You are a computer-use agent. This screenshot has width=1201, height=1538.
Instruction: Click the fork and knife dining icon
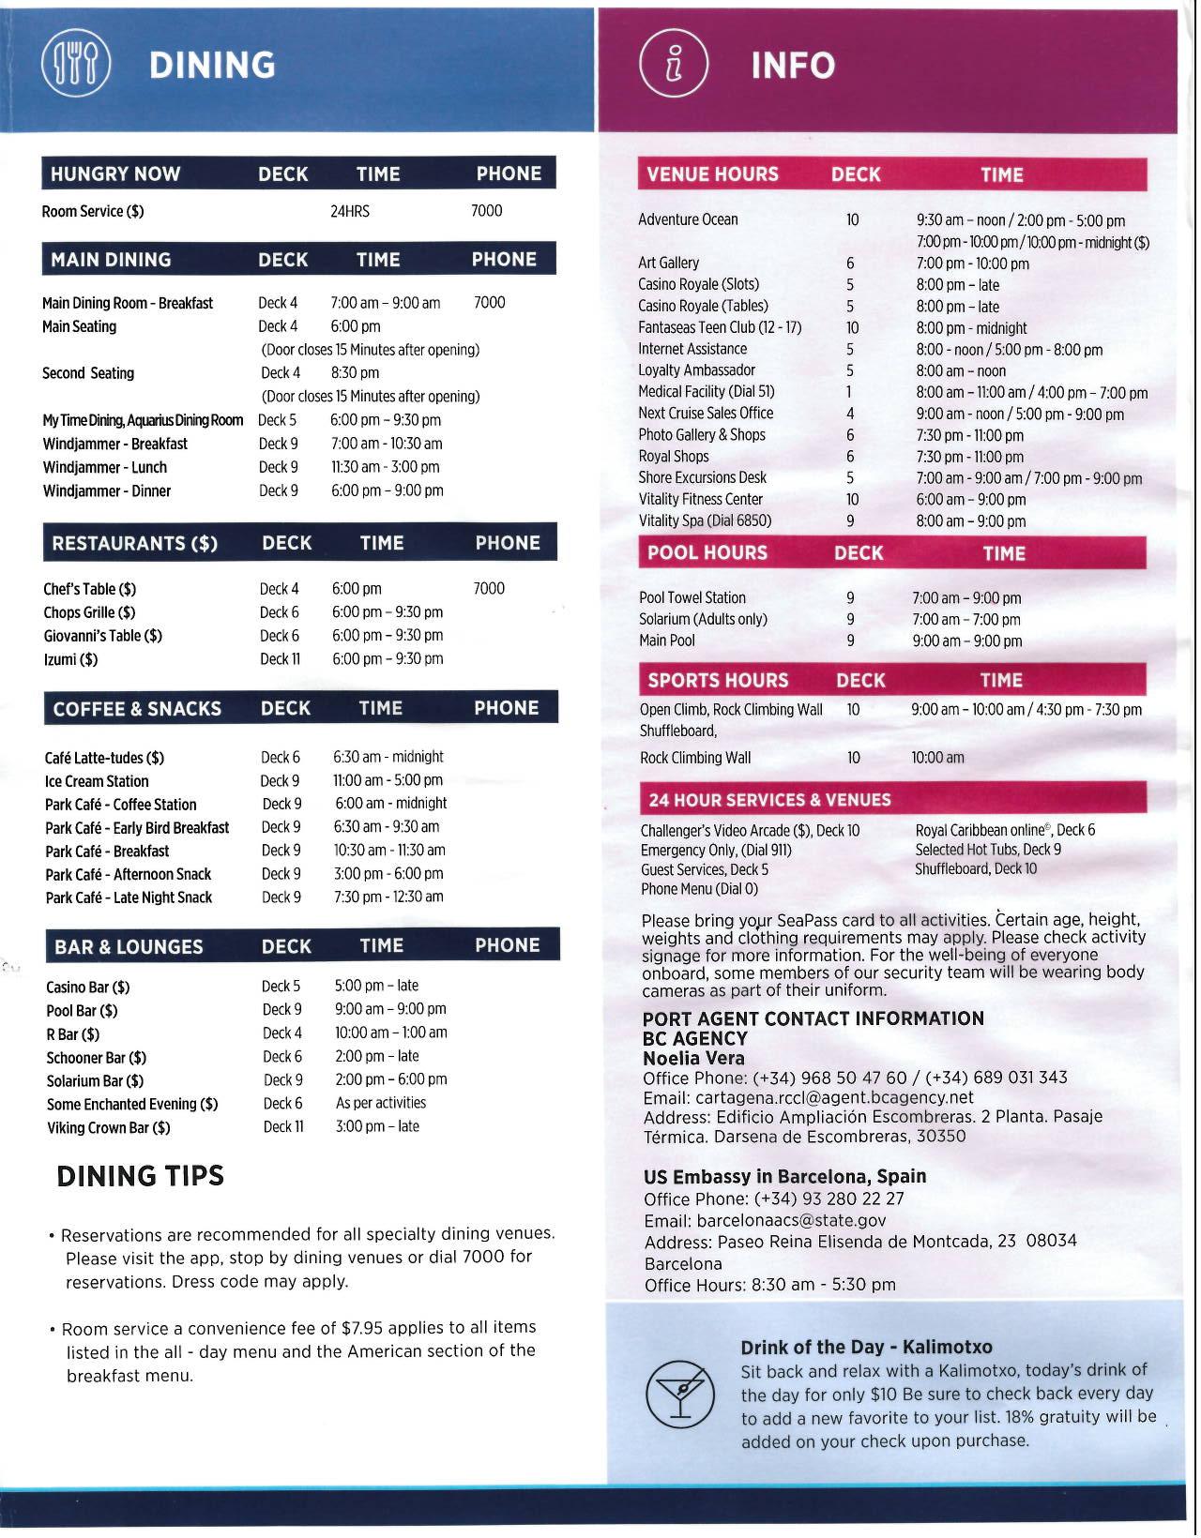click(76, 65)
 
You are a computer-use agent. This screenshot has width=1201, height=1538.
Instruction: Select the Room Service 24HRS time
click(349, 211)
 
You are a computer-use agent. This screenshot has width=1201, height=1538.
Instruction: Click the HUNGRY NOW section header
click(115, 173)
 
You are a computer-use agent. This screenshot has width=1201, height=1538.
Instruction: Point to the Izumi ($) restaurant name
click(70, 659)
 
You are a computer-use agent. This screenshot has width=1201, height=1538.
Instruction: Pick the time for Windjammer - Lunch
click(385, 467)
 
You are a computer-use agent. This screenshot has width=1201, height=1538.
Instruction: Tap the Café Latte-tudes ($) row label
click(104, 758)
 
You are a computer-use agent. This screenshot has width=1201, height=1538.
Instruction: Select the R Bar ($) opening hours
click(390, 1033)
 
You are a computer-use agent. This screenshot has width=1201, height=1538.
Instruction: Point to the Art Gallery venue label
click(668, 263)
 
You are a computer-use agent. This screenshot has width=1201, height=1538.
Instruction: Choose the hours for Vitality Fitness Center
click(970, 500)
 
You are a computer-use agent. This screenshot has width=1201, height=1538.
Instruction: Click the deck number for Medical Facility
click(850, 392)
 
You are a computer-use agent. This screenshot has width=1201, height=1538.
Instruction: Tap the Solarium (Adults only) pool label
click(703, 619)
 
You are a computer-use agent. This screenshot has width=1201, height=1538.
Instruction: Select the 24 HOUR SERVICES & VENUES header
click(769, 800)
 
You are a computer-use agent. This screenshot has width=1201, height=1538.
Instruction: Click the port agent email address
click(808, 1097)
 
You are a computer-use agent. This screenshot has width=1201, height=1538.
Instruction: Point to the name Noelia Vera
click(693, 1058)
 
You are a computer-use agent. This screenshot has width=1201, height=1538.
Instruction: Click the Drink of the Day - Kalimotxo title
click(866, 1348)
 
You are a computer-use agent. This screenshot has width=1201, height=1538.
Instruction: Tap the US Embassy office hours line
click(769, 1285)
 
